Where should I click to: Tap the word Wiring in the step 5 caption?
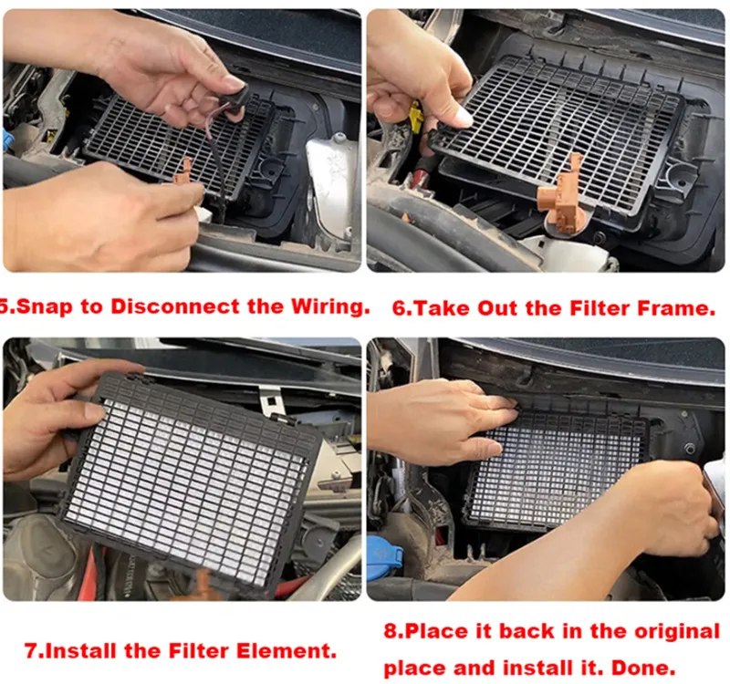point(330,306)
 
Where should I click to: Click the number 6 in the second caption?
point(400,308)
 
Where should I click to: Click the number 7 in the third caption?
point(31,651)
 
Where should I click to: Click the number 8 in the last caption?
point(391,631)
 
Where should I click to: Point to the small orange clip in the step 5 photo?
point(183,172)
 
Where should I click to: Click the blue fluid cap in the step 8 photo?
point(384,557)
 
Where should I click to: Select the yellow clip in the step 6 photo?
point(416,119)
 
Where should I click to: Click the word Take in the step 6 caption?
point(442,308)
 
